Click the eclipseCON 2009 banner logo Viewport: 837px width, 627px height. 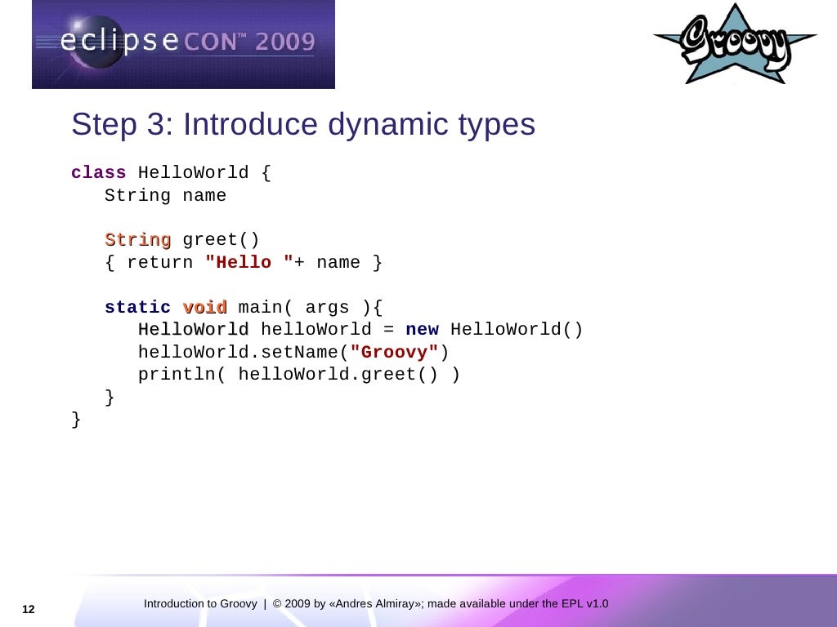(183, 44)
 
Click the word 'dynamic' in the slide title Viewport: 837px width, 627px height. (376, 125)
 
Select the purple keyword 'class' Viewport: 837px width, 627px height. (98, 173)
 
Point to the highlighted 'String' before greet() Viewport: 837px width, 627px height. (137, 240)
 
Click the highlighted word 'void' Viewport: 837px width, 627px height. (204, 308)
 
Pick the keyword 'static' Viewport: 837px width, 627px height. (137, 308)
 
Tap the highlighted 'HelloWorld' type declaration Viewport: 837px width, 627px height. (193, 330)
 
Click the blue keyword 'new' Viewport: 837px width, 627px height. (422, 330)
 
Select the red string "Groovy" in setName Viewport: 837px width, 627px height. (394, 353)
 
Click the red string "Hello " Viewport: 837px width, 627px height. (249, 263)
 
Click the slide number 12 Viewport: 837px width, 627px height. (29, 610)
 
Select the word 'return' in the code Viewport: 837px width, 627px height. (159, 263)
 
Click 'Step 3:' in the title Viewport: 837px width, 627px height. (123, 125)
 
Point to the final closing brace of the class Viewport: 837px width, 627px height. (76, 420)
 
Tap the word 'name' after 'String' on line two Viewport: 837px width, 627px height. (204, 196)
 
